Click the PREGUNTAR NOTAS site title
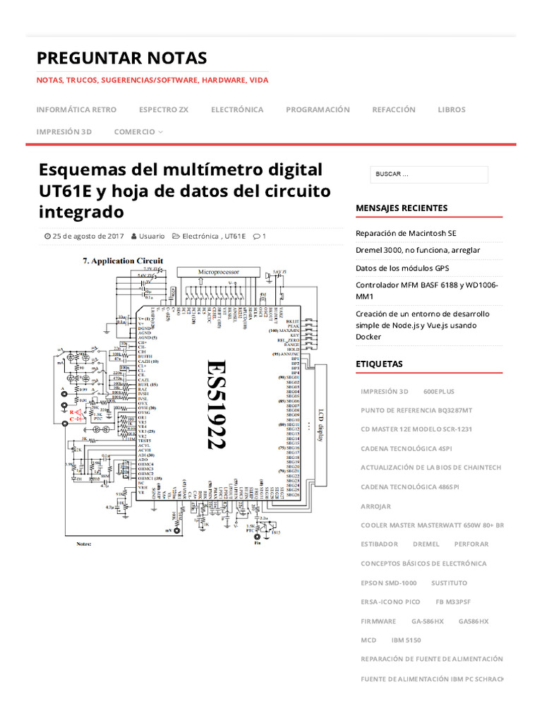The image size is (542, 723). [x=121, y=57]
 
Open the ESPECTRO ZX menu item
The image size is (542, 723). [x=164, y=109]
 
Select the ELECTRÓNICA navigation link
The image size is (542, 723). [x=237, y=109]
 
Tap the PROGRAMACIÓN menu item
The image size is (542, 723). [x=318, y=109]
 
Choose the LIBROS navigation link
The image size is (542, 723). [x=452, y=109]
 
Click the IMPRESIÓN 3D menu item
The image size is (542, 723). [x=64, y=131]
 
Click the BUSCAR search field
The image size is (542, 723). [x=428, y=174]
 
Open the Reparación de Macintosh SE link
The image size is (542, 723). [x=406, y=233]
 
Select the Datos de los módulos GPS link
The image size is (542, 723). [x=402, y=268]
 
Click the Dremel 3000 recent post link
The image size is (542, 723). [x=418, y=250]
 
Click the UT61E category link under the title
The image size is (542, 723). [x=234, y=236]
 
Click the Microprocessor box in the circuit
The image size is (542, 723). [x=218, y=272]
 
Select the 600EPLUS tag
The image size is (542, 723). [x=439, y=391]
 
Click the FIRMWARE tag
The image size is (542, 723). [x=378, y=621]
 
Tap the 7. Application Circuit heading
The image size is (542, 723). [x=123, y=261]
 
